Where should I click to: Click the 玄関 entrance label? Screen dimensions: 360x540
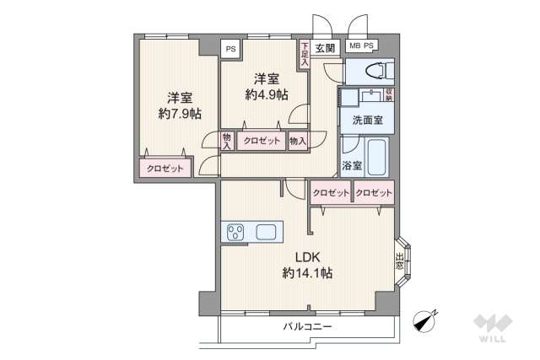[x=325, y=48]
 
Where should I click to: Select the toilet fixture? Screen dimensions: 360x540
[x=372, y=68]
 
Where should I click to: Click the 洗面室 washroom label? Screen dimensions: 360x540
[x=368, y=120]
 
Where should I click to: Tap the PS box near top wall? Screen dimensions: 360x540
[x=230, y=49]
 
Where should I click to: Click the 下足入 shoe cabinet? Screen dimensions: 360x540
[x=305, y=54]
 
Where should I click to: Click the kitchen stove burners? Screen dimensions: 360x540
[x=235, y=231]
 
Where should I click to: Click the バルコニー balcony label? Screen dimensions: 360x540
[x=307, y=325]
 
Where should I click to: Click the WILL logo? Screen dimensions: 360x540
[x=489, y=328]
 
